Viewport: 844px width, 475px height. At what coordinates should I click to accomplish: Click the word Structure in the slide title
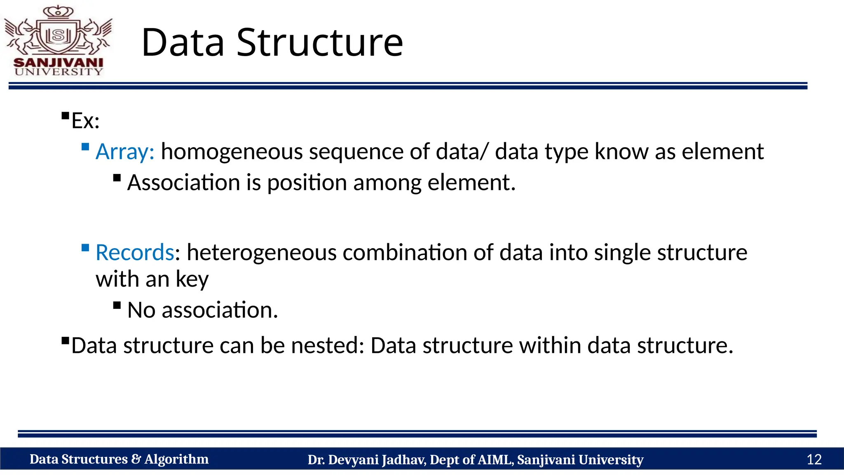[319, 42]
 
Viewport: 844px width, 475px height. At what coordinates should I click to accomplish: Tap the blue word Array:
[125, 152]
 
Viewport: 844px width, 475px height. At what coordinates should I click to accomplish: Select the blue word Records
[135, 252]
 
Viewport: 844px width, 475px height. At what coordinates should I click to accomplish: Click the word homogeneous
[232, 152]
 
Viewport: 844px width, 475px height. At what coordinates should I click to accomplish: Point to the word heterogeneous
[261, 252]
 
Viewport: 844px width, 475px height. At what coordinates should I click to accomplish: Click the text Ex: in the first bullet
[85, 121]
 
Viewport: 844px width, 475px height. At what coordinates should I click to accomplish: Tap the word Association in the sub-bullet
[183, 183]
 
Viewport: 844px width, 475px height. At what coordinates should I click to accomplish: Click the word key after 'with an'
[192, 280]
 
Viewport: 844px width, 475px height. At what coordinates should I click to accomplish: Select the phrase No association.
[202, 310]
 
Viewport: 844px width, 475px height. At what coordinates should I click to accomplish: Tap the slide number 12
[814, 459]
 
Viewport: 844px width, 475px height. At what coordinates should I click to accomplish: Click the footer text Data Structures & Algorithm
[119, 459]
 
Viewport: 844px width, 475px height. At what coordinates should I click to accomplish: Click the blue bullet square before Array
[85, 147]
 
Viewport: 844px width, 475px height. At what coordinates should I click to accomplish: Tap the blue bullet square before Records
[85, 248]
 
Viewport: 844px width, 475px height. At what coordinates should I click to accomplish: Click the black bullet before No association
[117, 306]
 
